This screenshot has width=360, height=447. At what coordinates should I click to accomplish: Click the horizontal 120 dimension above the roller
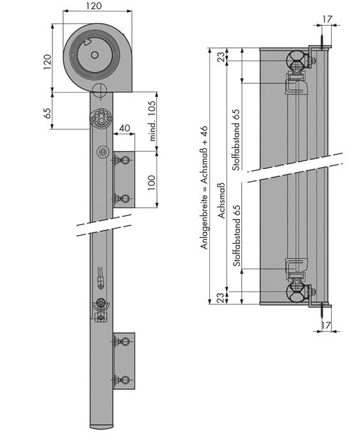(x=94, y=6)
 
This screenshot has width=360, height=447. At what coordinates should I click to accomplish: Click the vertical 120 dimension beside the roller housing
(x=47, y=62)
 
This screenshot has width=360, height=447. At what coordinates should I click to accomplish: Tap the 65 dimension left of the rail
(x=48, y=113)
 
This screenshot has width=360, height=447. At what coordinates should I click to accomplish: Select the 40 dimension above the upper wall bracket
(x=124, y=128)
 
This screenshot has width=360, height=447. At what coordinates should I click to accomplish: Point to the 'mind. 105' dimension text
(x=153, y=121)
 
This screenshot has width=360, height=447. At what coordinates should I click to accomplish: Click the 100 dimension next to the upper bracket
(x=152, y=183)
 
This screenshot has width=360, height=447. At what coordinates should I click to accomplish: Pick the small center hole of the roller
(x=94, y=55)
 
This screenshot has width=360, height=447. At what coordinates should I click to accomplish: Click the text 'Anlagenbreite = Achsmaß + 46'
(x=204, y=188)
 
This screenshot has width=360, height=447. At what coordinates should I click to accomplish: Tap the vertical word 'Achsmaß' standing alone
(x=221, y=201)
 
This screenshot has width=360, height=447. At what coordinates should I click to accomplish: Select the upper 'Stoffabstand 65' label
(x=236, y=140)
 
